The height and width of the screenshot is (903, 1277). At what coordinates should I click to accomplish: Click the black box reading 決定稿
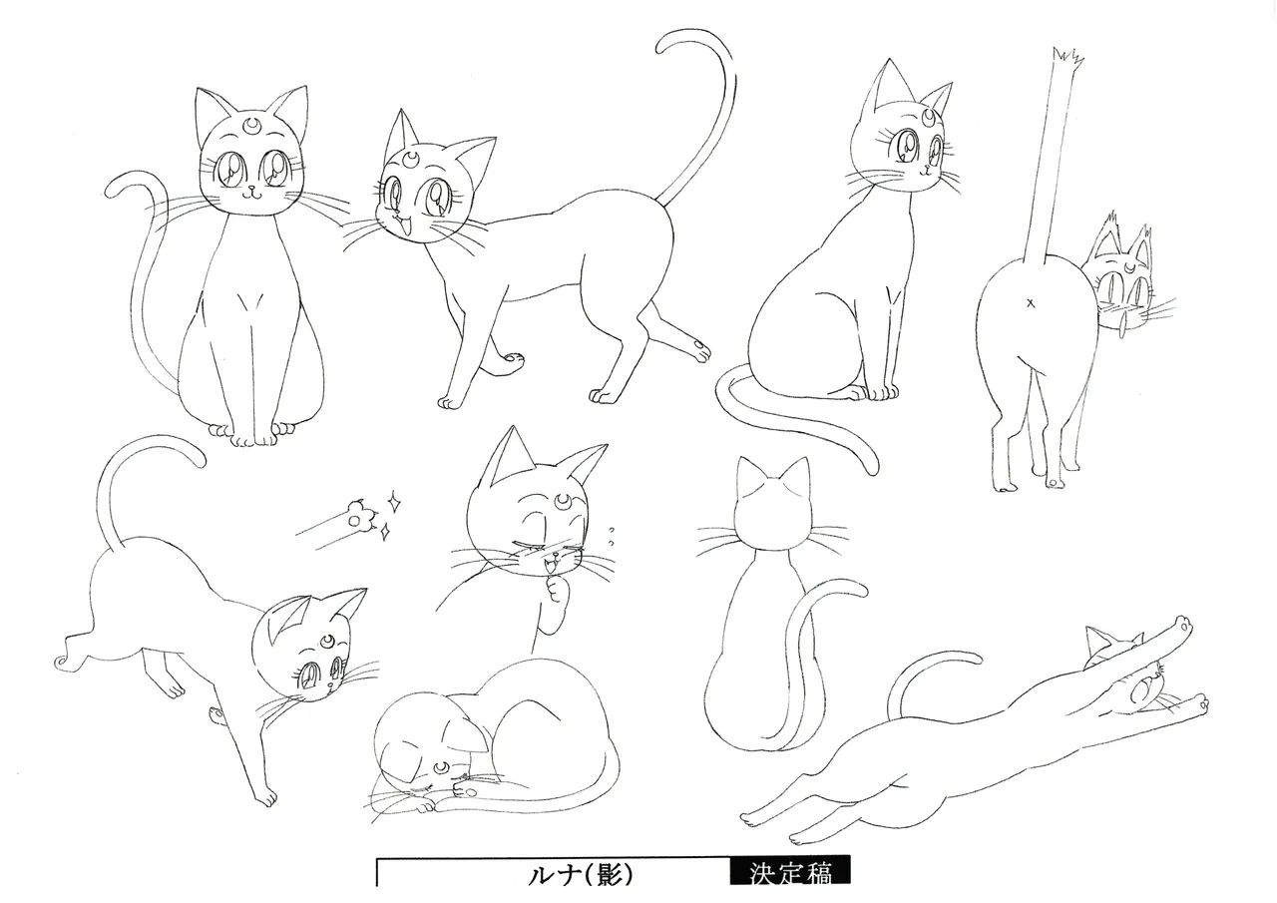(x=790, y=871)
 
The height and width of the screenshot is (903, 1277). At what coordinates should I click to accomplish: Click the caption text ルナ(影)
(x=581, y=874)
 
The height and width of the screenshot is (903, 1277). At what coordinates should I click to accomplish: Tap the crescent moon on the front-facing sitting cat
(x=251, y=124)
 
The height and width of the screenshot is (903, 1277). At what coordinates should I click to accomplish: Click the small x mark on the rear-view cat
(x=1031, y=304)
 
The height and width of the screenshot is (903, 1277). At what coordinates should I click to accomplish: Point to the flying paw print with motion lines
(x=358, y=514)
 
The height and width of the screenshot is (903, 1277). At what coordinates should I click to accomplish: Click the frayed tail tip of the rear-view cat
(x=1066, y=57)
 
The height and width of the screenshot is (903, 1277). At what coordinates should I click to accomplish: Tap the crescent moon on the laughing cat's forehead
(x=562, y=500)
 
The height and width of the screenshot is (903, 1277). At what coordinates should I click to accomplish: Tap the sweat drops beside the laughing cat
(x=612, y=537)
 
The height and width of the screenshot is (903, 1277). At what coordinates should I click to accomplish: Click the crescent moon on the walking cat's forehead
(x=412, y=158)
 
